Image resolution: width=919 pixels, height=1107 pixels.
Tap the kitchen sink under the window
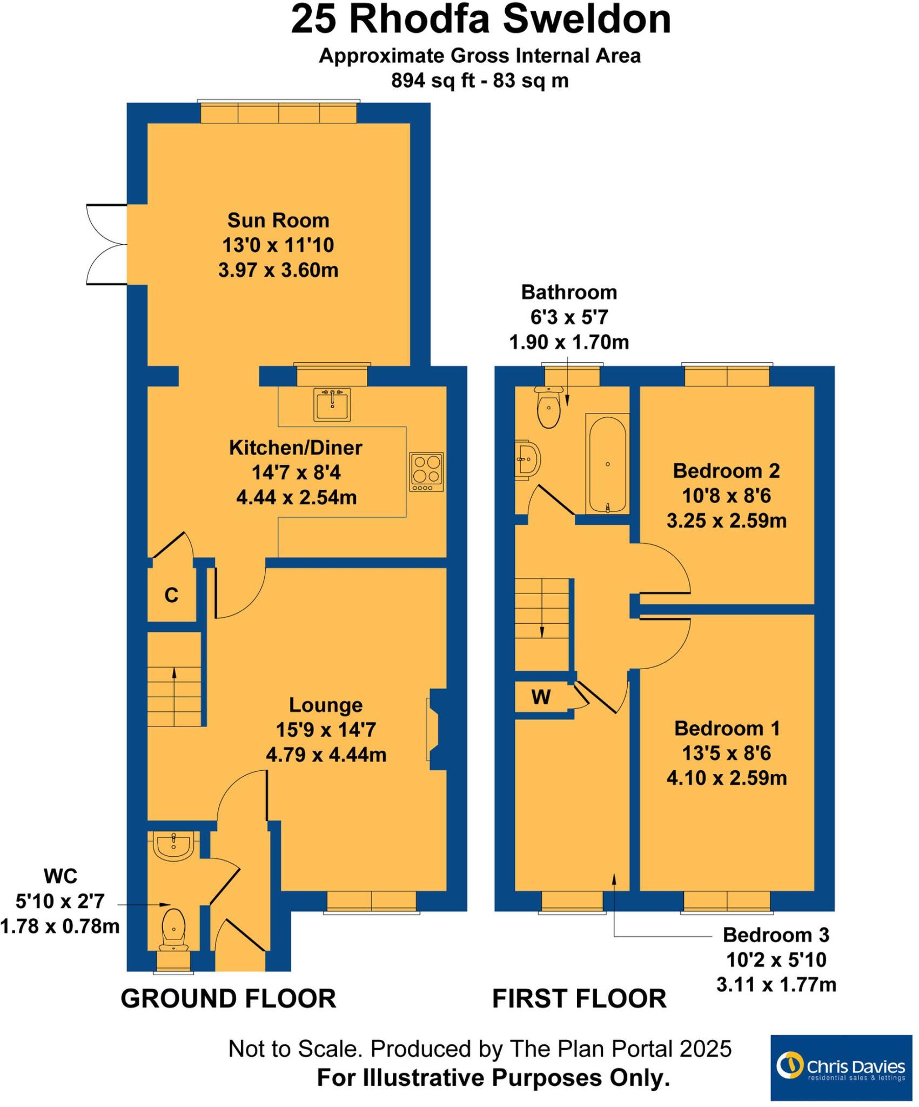pyautogui.click(x=332, y=404)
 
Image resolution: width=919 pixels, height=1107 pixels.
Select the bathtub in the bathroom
pyautogui.click(x=608, y=464)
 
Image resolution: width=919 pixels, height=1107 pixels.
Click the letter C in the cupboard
pyautogui.click(x=171, y=595)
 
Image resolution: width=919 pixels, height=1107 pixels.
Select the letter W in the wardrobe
pyautogui.click(x=541, y=697)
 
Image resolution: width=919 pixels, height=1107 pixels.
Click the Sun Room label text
pyautogui.click(x=278, y=221)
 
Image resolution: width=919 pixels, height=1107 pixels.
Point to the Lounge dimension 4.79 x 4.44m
pyautogui.click(x=326, y=755)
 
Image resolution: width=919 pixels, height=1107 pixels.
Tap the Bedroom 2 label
pyautogui.click(x=726, y=471)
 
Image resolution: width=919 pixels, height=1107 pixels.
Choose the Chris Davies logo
pyautogui.click(x=841, y=1067)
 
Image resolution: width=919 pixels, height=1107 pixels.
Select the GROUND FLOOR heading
pyautogui.click(x=228, y=998)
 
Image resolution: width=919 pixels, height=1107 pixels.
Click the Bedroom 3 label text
pyautogui.click(x=776, y=935)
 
